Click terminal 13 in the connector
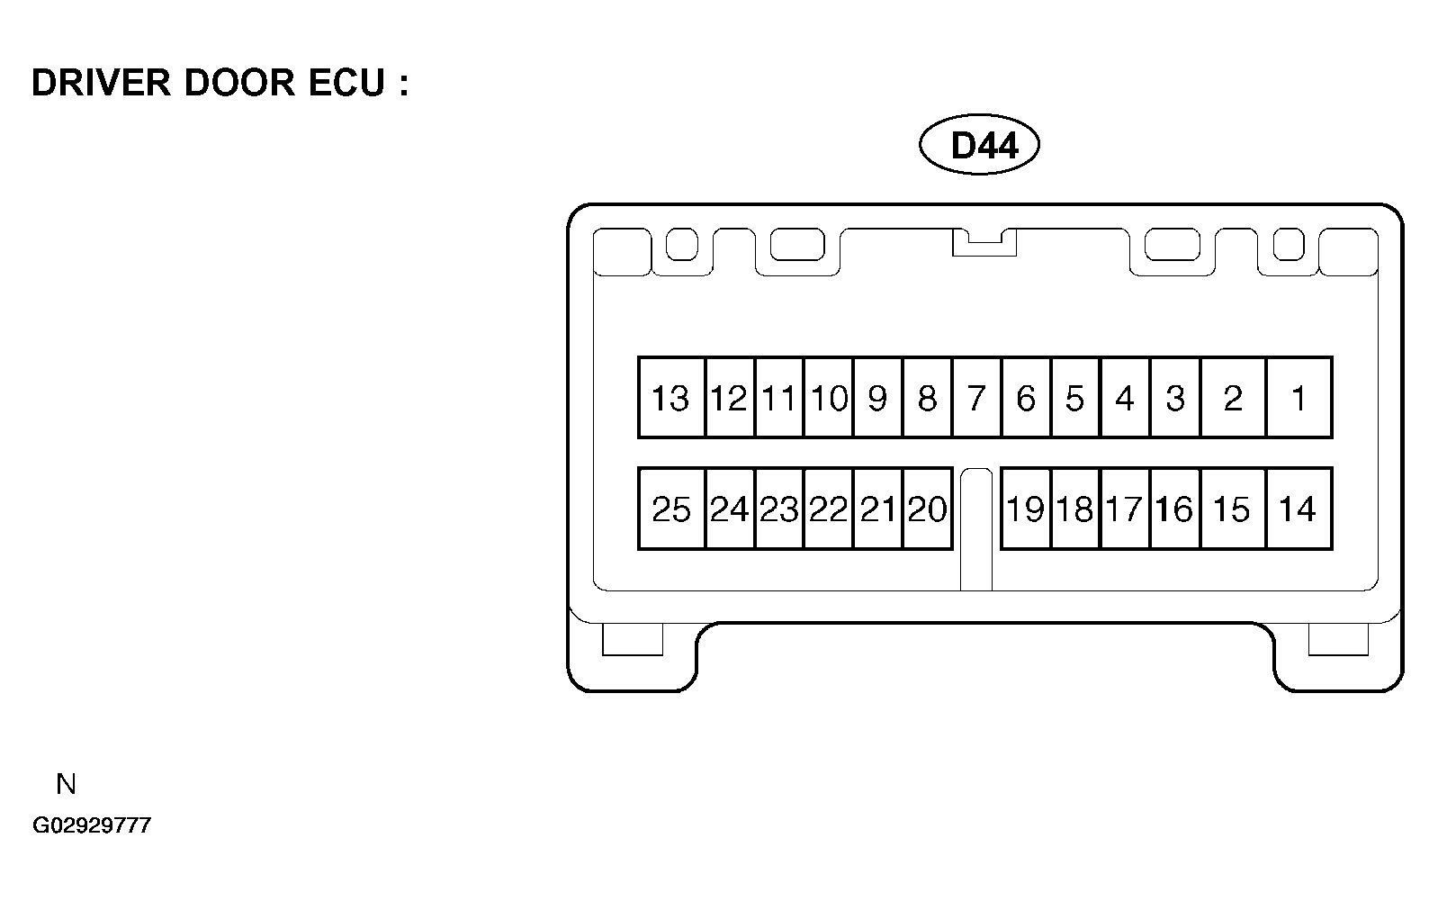(671, 398)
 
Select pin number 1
(1299, 398)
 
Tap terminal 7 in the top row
(976, 398)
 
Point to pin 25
(671, 509)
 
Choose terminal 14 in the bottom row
(1299, 509)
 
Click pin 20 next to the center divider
(927, 509)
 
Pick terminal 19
(1026, 509)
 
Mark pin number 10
(829, 398)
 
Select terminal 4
(1125, 398)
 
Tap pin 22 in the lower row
(829, 509)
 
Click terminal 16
(1175, 509)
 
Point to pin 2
(1233, 398)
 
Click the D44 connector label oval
(979, 145)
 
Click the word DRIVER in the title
(102, 83)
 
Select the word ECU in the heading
(346, 83)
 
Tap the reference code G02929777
(92, 825)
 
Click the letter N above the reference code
(66, 784)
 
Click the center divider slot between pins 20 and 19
(976, 529)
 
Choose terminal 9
(877, 398)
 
